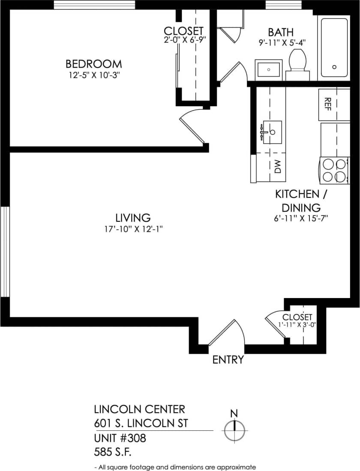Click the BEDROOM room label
tap(93, 64)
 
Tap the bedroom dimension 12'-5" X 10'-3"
tap(93, 75)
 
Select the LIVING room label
tap(133, 218)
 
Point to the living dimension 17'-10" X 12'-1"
tap(133, 229)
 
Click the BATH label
tap(281, 32)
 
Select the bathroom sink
tap(269, 69)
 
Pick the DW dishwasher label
tap(277, 167)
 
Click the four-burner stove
tap(334, 170)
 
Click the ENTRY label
tap(228, 360)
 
